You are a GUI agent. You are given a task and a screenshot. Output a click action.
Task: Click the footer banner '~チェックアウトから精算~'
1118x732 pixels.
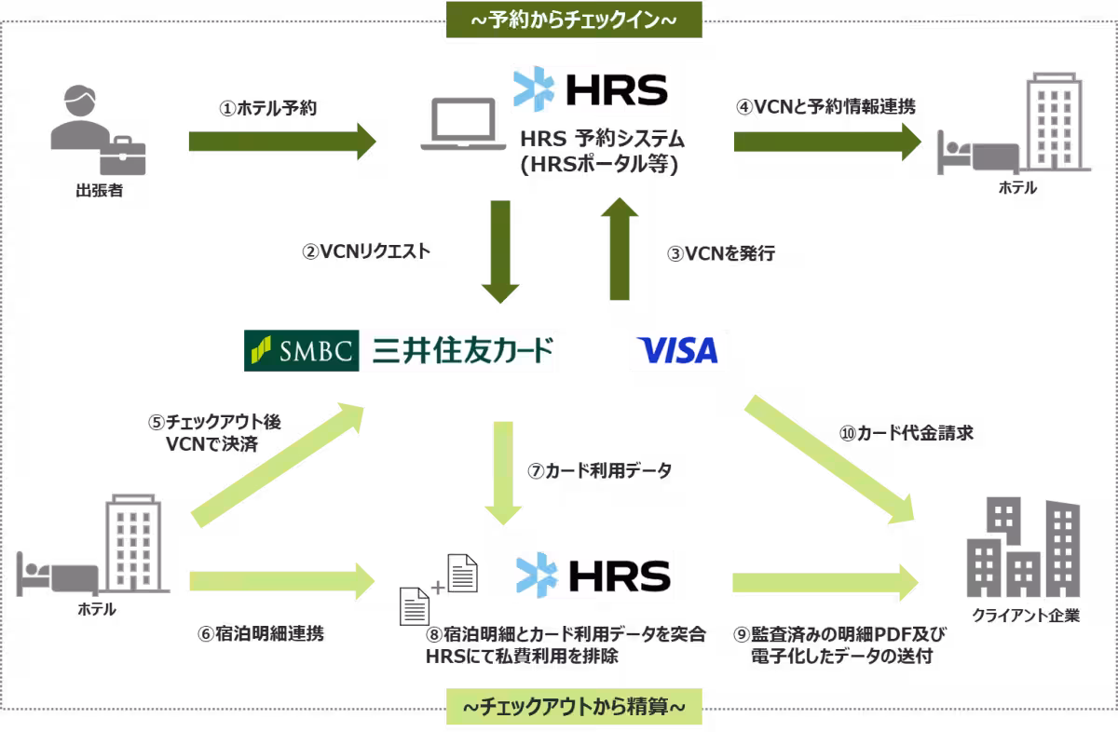coord(574,709)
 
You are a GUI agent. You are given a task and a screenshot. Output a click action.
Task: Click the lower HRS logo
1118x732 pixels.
coord(592,574)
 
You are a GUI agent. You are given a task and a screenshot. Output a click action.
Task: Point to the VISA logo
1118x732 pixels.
coord(676,350)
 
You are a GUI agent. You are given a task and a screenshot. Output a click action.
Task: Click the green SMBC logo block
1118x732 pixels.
coord(301,350)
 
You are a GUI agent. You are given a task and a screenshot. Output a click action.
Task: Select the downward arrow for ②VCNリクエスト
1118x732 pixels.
coord(501,251)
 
